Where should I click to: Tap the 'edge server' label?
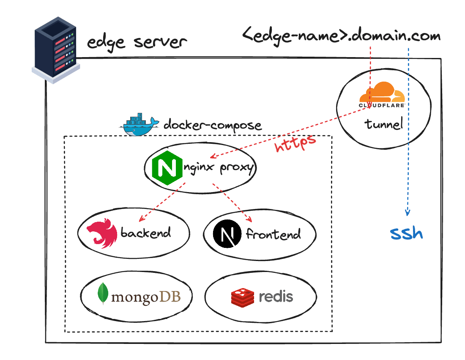137,42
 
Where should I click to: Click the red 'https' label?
295,143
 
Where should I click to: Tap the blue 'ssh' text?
406,233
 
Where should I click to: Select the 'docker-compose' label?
212,125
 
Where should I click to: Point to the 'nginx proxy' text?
219,168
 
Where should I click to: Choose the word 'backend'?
145,233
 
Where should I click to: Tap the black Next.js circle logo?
227,234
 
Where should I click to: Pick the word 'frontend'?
273,234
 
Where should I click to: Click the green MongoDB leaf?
102,294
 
